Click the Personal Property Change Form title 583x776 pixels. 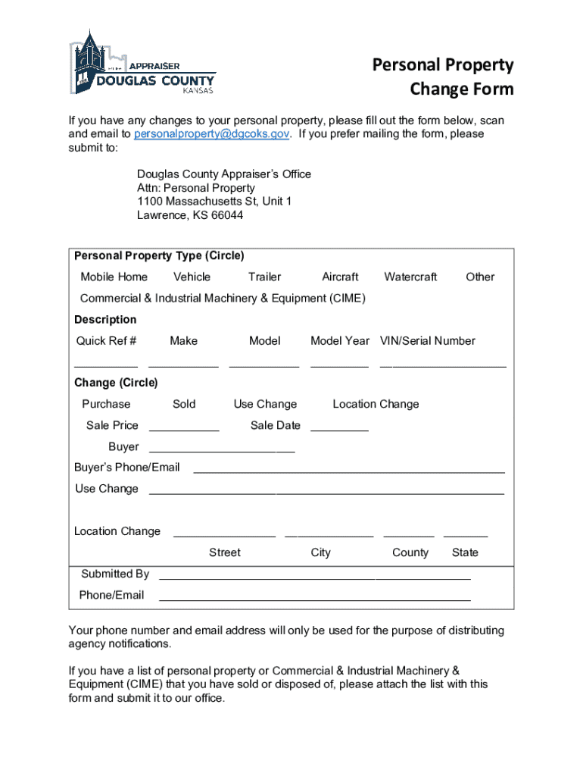443,77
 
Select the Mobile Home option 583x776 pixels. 114,277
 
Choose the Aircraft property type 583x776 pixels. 340,277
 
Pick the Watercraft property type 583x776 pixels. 410,277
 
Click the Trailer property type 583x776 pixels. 264,277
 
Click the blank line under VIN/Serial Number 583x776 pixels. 443,365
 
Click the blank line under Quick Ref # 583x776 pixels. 106,365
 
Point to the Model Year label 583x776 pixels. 340,341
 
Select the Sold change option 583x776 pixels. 184,405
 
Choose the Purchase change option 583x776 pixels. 106,405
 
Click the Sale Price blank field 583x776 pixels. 184,428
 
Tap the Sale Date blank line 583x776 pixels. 339,428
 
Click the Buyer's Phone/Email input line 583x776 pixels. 349,471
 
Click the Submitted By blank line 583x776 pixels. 314,577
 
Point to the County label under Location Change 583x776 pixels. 410,553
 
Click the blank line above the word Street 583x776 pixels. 224,535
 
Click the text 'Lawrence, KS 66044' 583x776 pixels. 190,215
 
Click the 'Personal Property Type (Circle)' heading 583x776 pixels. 159,256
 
